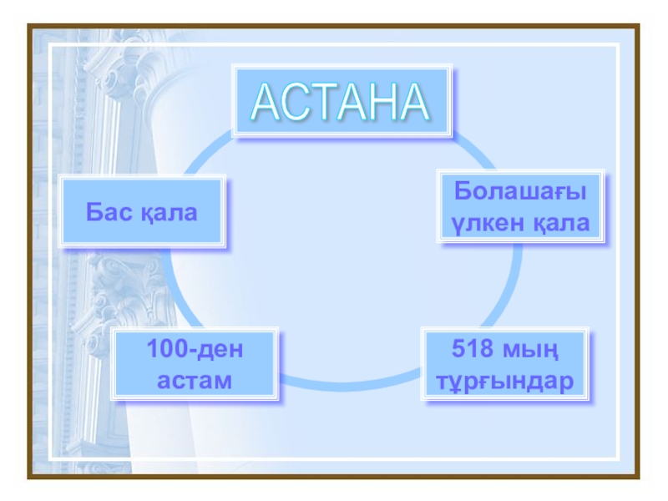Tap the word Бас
[x=109, y=212]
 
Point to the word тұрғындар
[x=504, y=381]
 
